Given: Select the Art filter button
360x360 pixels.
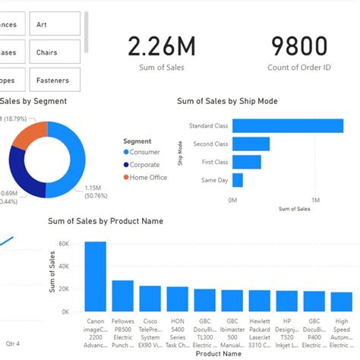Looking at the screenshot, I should click(x=55, y=24).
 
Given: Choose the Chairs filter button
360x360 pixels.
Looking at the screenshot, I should click(x=55, y=52).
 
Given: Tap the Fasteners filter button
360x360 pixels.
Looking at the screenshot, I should click(x=55, y=80).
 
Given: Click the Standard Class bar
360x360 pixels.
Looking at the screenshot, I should click(x=288, y=126).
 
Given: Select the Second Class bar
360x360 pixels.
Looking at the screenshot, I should click(x=251, y=144).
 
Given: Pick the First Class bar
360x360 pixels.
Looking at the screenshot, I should click(x=247, y=162).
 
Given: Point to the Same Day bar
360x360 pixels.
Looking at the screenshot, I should click(x=238, y=180).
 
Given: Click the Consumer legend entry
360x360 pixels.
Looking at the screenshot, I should click(x=144, y=152).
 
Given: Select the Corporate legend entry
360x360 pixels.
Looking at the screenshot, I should click(x=144, y=165).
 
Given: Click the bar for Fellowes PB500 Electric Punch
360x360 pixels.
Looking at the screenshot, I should click(x=123, y=295).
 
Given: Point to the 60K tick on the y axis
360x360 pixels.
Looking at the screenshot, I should click(x=65, y=244).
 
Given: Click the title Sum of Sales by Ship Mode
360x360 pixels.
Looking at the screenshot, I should click(x=226, y=101).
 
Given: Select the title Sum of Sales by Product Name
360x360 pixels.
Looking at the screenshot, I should click(x=105, y=221).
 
